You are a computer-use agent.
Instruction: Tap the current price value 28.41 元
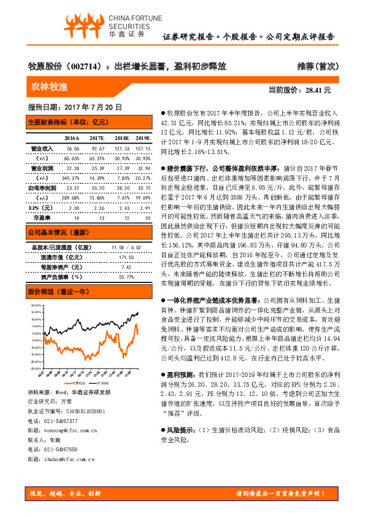tap(318, 90)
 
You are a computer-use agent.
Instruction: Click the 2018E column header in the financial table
tap(121, 138)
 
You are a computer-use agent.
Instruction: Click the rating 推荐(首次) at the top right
tap(317, 66)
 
